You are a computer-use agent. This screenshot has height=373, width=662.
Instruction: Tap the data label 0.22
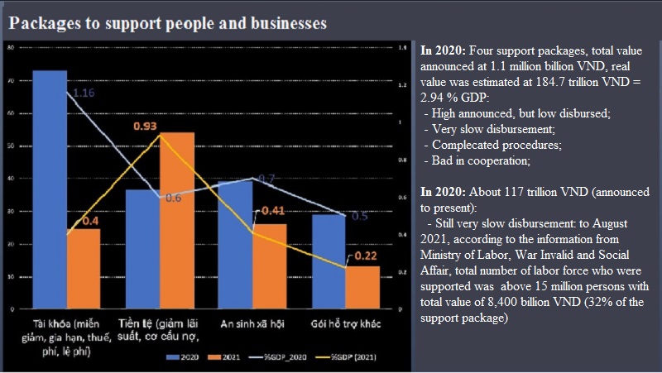pos(367,256)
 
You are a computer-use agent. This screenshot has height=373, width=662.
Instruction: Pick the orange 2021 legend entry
pos(220,357)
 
